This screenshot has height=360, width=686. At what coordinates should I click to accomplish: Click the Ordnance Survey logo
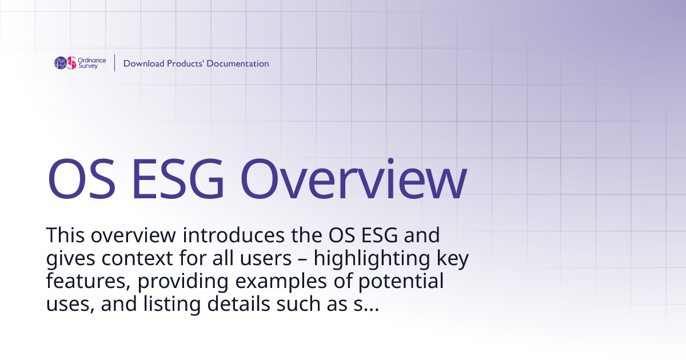(x=79, y=63)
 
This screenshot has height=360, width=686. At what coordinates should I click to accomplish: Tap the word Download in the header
(x=143, y=63)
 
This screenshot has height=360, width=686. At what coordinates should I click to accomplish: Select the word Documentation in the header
(x=237, y=63)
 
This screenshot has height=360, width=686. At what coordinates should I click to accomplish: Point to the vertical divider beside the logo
(x=115, y=63)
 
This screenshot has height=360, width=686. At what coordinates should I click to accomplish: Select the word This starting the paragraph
(x=65, y=235)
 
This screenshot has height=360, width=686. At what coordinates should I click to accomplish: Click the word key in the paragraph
(x=452, y=259)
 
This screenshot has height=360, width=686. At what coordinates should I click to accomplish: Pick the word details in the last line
(x=241, y=305)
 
